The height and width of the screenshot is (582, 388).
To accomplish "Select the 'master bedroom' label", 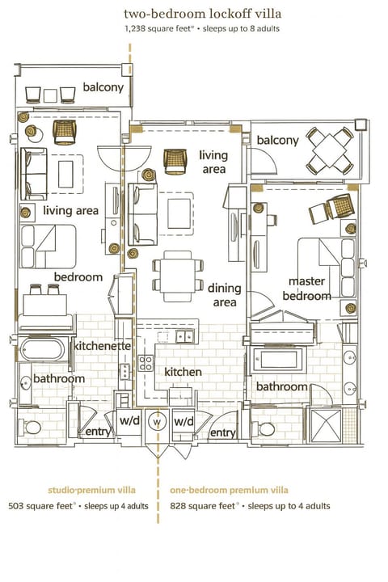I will (306, 289).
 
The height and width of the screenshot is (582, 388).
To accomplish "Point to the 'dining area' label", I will (224, 294).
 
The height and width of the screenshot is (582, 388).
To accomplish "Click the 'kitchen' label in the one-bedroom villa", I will (183, 372).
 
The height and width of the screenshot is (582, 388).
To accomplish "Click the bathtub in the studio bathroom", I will (44, 350).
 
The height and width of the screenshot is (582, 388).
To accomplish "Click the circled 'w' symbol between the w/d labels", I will (158, 421).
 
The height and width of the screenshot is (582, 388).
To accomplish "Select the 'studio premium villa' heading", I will (92, 490).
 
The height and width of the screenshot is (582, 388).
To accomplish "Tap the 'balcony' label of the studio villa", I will (103, 86).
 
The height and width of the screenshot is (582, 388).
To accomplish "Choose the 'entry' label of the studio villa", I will (98, 432).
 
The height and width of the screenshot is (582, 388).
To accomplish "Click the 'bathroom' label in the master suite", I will (282, 386).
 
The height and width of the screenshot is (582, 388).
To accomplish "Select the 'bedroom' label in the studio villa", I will (78, 276).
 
